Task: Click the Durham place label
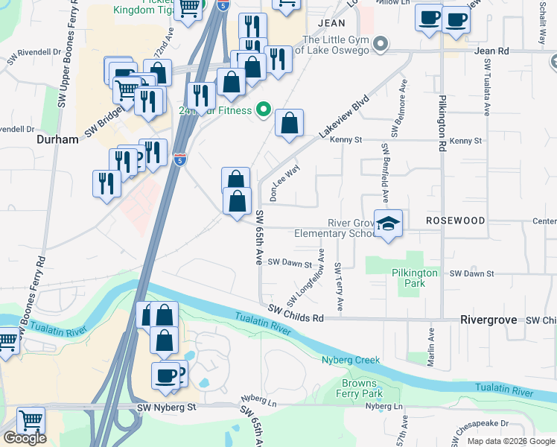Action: point(57,139)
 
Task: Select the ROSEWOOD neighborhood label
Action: point(455,221)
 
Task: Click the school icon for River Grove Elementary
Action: point(388,223)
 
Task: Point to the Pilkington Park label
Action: point(415,278)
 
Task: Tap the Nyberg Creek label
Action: point(351,360)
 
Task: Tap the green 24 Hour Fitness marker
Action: point(263,111)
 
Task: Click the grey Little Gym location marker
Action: point(381,44)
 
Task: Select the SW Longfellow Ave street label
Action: point(305,276)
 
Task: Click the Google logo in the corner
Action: point(25,438)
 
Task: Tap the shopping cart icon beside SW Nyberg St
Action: point(31,421)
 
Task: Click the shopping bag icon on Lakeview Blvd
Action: point(289,124)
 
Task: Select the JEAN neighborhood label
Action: point(331,23)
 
